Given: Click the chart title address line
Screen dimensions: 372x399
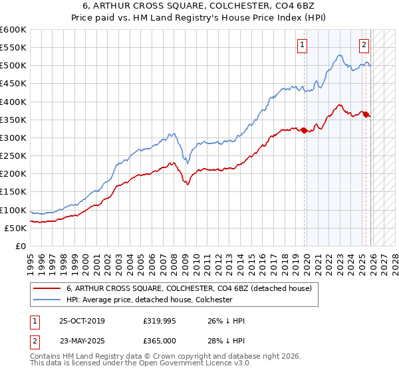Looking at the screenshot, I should pos(199,6).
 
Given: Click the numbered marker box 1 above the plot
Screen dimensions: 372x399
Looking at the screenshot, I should pos(303,45).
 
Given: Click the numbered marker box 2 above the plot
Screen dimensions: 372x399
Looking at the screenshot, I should pos(364,45).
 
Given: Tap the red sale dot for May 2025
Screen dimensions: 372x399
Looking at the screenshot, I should pos(366,114).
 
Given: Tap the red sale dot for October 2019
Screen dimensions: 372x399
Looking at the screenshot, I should pos(305,130).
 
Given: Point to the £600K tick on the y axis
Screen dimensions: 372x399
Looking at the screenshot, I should pos(13,30).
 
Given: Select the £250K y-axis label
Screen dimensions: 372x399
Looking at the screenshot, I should pos(13,156).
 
